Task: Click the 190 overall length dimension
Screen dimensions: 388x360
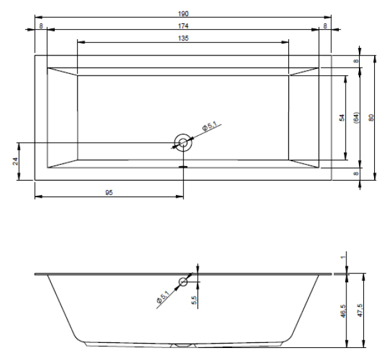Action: pyautogui.click(x=183, y=14)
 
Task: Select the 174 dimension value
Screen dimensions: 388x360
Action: pyautogui.click(x=183, y=26)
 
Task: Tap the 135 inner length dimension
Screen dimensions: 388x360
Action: pyautogui.click(x=183, y=38)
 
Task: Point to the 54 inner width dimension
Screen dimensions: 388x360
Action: pyautogui.click(x=342, y=117)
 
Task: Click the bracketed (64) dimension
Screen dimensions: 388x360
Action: pyautogui.click(x=356, y=117)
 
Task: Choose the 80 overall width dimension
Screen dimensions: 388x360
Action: pyautogui.click(x=371, y=117)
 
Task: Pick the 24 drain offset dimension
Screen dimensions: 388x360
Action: pyautogui.click(x=15, y=161)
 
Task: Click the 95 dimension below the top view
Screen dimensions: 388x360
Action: pyautogui.click(x=109, y=193)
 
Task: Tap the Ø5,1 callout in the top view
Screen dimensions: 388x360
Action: pyautogui.click(x=209, y=126)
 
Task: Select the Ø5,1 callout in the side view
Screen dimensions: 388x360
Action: pyautogui.click(x=163, y=297)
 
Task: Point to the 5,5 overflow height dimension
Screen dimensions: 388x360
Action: pyautogui.click(x=194, y=300)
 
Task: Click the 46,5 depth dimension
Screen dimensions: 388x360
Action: pyautogui.click(x=343, y=311)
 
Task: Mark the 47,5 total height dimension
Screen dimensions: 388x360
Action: pyautogui.click(x=360, y=311)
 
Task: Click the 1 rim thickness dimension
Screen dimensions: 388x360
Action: pyautogui.click(x=343, y=258)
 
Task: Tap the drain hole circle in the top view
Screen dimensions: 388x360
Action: pyautogui.click(x=183, y=143)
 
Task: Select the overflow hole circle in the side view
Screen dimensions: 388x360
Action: pyautogui.click(x=183, y=282)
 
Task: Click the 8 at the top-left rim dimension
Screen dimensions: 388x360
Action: pyautogui.click(x=41, y=26)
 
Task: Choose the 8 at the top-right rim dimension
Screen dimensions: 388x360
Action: pyautogui.click(x=325, y=26)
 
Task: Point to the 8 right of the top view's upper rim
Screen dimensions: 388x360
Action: pyautogui.click(x=356, y=61)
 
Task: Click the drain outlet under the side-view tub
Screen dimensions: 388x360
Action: pyautogui.click(x=183, y=345)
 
